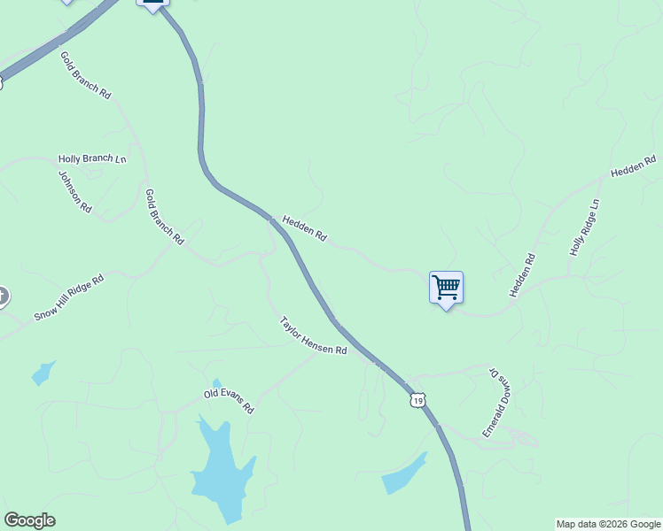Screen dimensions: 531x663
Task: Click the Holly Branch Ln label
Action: coord(92,159)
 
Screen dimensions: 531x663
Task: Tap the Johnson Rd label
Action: coord(75,190)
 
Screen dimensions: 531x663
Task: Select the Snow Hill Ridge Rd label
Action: coord(69,297)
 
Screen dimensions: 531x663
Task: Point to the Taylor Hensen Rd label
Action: coord(313,336)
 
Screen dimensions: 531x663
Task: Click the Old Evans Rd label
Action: coord(229,402)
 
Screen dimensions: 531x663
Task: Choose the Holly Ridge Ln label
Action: coord(584,228)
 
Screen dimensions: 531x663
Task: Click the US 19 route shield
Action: coord(417,401)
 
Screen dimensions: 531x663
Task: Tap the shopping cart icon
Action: coord(446,286)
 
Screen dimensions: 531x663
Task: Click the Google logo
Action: coord(29,520)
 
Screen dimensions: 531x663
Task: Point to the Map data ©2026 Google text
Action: coord(608,524)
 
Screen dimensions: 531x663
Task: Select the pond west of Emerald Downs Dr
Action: coord(403,474)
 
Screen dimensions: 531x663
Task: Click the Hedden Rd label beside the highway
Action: coord(305,227)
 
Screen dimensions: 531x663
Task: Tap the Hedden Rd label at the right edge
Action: coord(633,165)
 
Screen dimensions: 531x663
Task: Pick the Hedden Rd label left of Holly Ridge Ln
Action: coord(522,275)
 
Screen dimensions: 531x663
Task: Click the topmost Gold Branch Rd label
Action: coord(85,74)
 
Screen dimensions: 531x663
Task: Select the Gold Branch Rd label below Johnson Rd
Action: coord(164,216)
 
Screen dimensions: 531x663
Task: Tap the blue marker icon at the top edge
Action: coord(153,4)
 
